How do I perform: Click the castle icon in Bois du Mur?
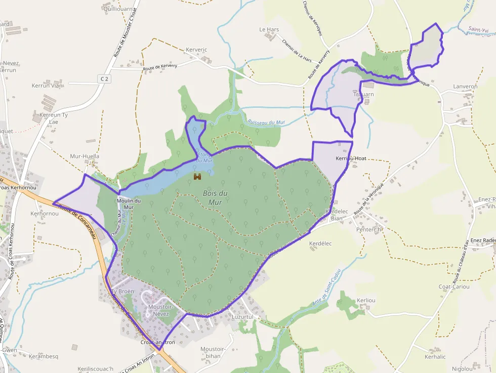(x=197, y=177)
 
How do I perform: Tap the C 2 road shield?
(x=104, y=79)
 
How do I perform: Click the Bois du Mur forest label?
(x=215, y=198)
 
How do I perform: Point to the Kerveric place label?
(x=197, y=50)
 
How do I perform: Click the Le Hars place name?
(x=269, y=30)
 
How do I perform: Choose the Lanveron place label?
(x=465, y=87)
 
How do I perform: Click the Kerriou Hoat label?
(x=351, y=158)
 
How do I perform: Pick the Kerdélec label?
(x=320, y=243)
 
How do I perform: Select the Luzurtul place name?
(x=241, y=317)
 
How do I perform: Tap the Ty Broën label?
(x=122, y=292)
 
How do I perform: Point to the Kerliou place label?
(x=366, y=300)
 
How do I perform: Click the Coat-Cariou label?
(x=454, y=287)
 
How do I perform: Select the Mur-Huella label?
(x=85, y=156)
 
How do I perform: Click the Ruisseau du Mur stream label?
(x=267, y=122)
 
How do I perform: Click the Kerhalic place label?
(x=435, y=357)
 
